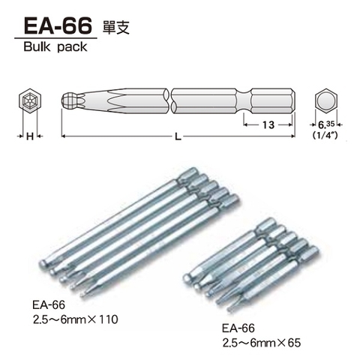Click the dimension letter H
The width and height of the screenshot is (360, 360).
(28, 136)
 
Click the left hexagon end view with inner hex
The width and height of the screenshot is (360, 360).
(28, 101)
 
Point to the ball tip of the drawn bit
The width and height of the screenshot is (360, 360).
(69, 100)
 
